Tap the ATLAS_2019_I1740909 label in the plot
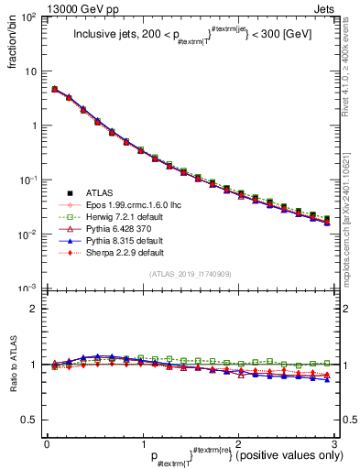pos(191,274)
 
